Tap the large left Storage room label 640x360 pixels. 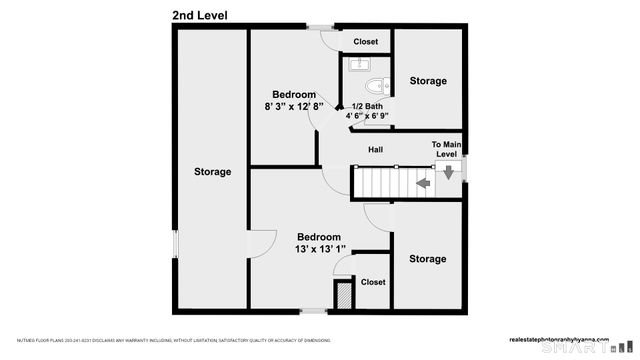coord(212,172)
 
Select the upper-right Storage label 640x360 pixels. coord(427,81)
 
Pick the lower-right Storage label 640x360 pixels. coord(427,259)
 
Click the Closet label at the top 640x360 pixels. coord(366,42)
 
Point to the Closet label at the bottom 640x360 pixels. coord(372,283)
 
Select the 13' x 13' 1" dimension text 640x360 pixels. coord(320,249)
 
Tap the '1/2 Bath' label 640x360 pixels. coord(367,106)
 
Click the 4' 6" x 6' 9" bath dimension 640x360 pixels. coord(368,117)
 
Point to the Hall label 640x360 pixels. coord(375,150)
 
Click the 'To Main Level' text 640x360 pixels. coord(445,150)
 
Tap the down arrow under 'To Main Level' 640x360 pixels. coord(448,172)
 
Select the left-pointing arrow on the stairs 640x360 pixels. coord(423,184)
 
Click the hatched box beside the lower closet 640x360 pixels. coord(342,294)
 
